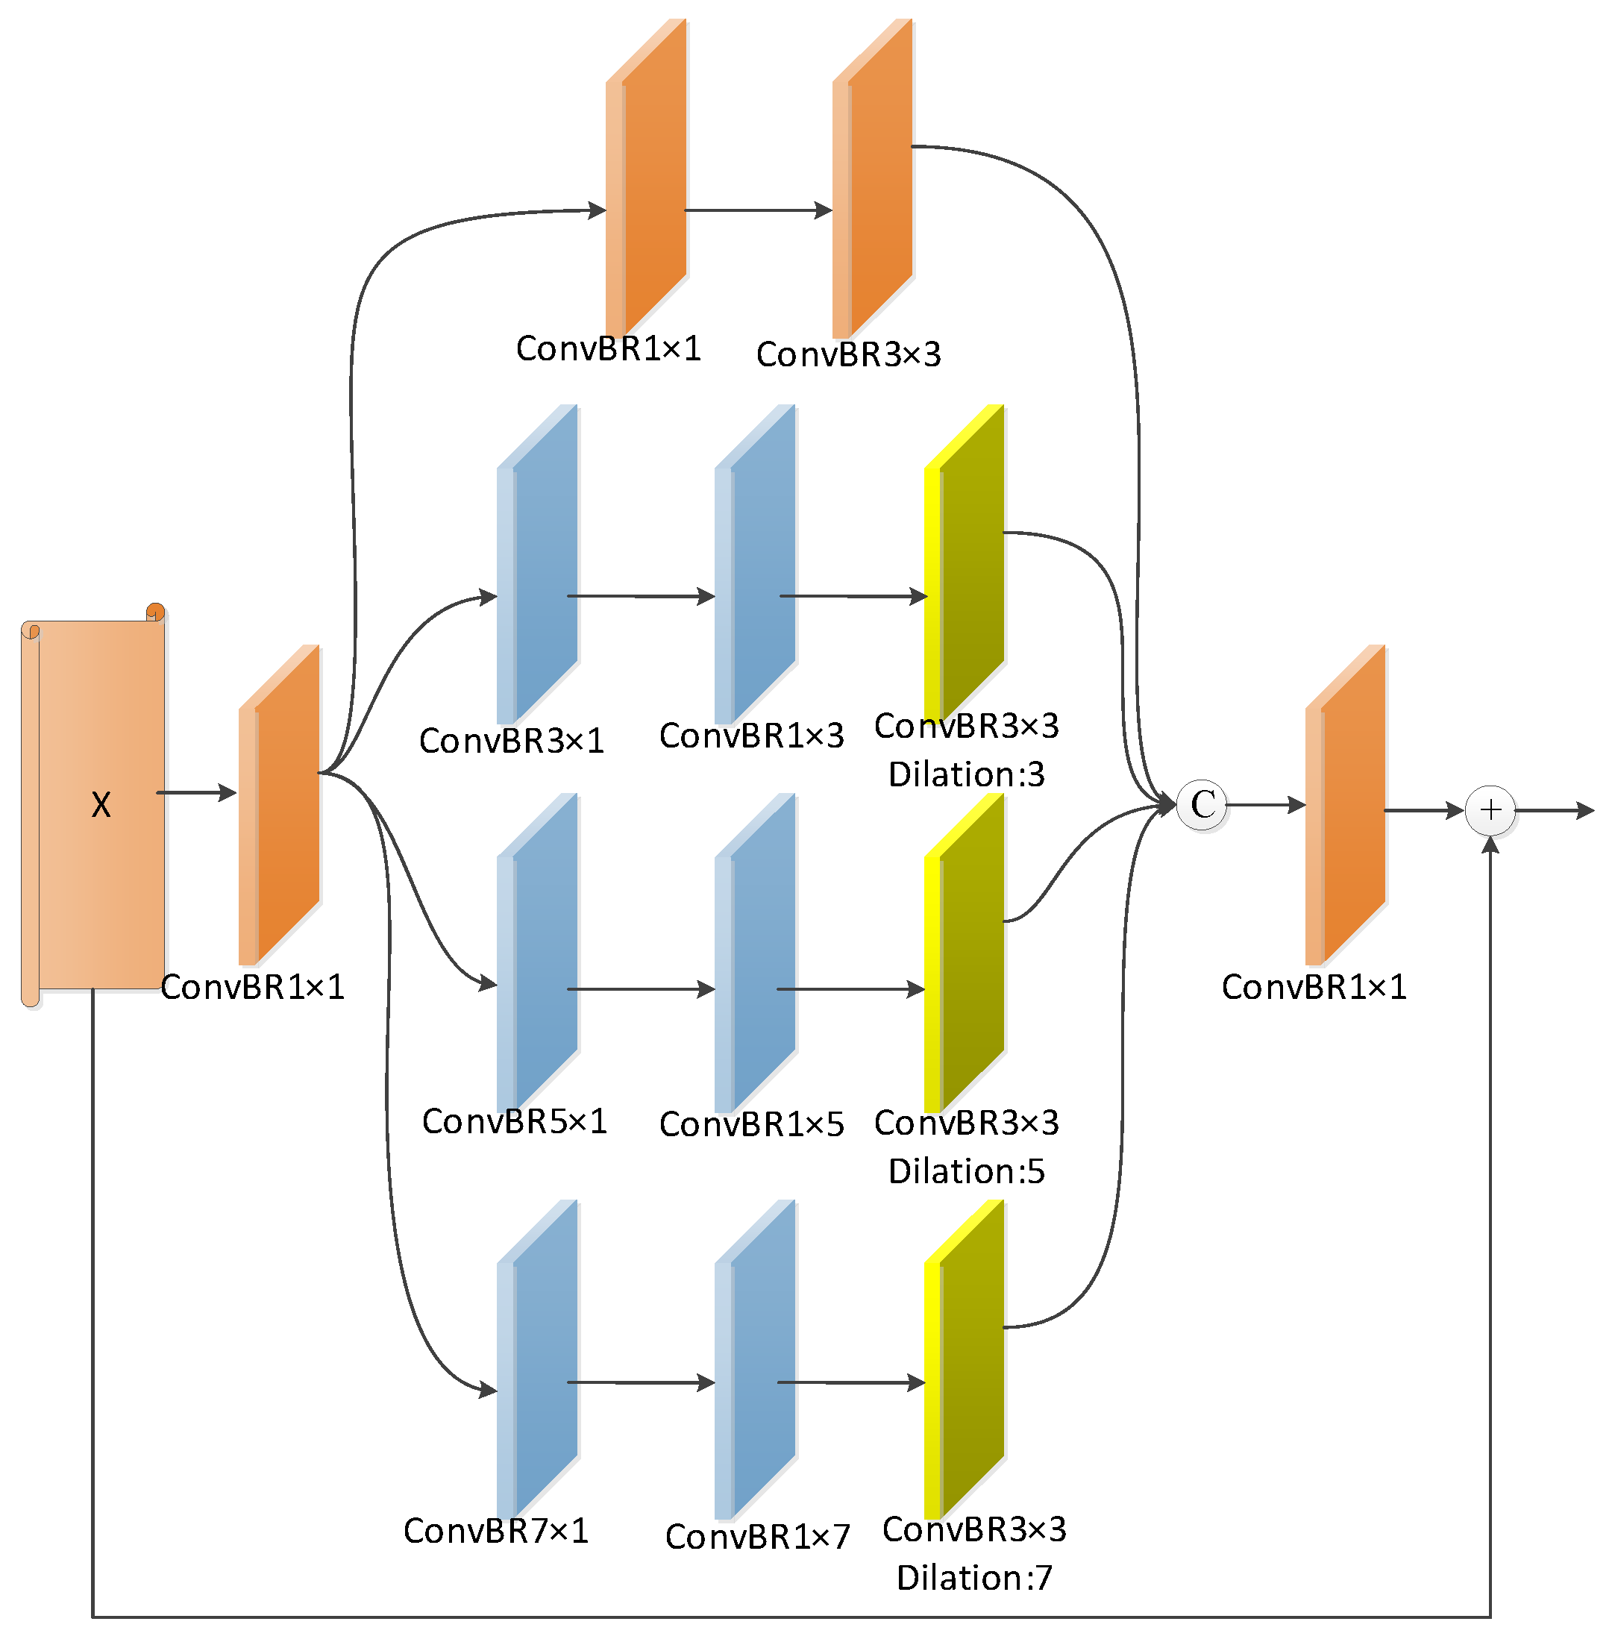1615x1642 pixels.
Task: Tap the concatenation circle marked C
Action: click(1202, 805)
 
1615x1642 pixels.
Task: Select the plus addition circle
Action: click(1490, 810)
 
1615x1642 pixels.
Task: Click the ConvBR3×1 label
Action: click(512, 740)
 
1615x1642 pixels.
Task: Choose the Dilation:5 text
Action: click(966, 1171)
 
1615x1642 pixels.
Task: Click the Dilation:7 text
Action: click(975, 1578)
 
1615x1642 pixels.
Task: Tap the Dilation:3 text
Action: click(966, 774)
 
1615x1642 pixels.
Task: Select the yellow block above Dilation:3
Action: click(965, 564)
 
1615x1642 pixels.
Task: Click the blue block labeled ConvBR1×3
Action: click(756, 564)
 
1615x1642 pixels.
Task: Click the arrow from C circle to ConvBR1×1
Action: click(1267, 805)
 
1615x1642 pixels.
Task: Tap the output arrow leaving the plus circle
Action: click(1554, 811)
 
